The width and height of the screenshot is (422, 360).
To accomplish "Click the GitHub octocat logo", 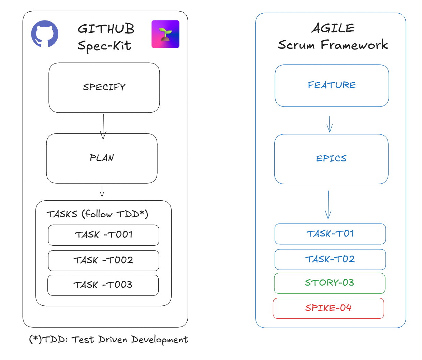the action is click(45, 34).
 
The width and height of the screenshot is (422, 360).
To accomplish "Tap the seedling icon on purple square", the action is click(165, 34).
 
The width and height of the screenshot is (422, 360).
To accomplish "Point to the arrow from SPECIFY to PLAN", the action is click(103, 127).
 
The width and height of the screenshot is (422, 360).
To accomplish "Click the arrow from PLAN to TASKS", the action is click(102, 191).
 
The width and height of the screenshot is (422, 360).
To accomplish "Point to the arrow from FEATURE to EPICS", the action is click(330, 124).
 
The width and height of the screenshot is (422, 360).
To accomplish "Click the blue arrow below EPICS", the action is click(328, 205).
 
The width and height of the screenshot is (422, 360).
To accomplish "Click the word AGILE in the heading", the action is click(333, 28).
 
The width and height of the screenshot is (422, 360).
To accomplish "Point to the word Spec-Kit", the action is click(104, 46).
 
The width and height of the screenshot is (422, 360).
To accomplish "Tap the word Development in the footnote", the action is click(159, 340).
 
